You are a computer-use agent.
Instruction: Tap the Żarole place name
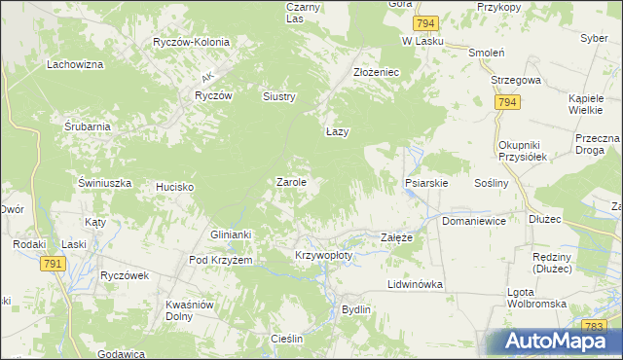292,182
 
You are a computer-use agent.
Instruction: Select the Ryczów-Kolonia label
191,42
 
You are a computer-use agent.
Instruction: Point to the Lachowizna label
75,65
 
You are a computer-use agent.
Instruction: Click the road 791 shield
54,263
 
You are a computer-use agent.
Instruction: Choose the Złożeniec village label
376,72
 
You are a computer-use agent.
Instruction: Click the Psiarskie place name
425,182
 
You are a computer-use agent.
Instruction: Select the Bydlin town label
356,309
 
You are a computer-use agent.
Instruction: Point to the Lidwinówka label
416,284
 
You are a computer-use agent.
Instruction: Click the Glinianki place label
232,234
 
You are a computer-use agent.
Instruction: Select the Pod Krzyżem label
221,261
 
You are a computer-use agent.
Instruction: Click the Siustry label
278,96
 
